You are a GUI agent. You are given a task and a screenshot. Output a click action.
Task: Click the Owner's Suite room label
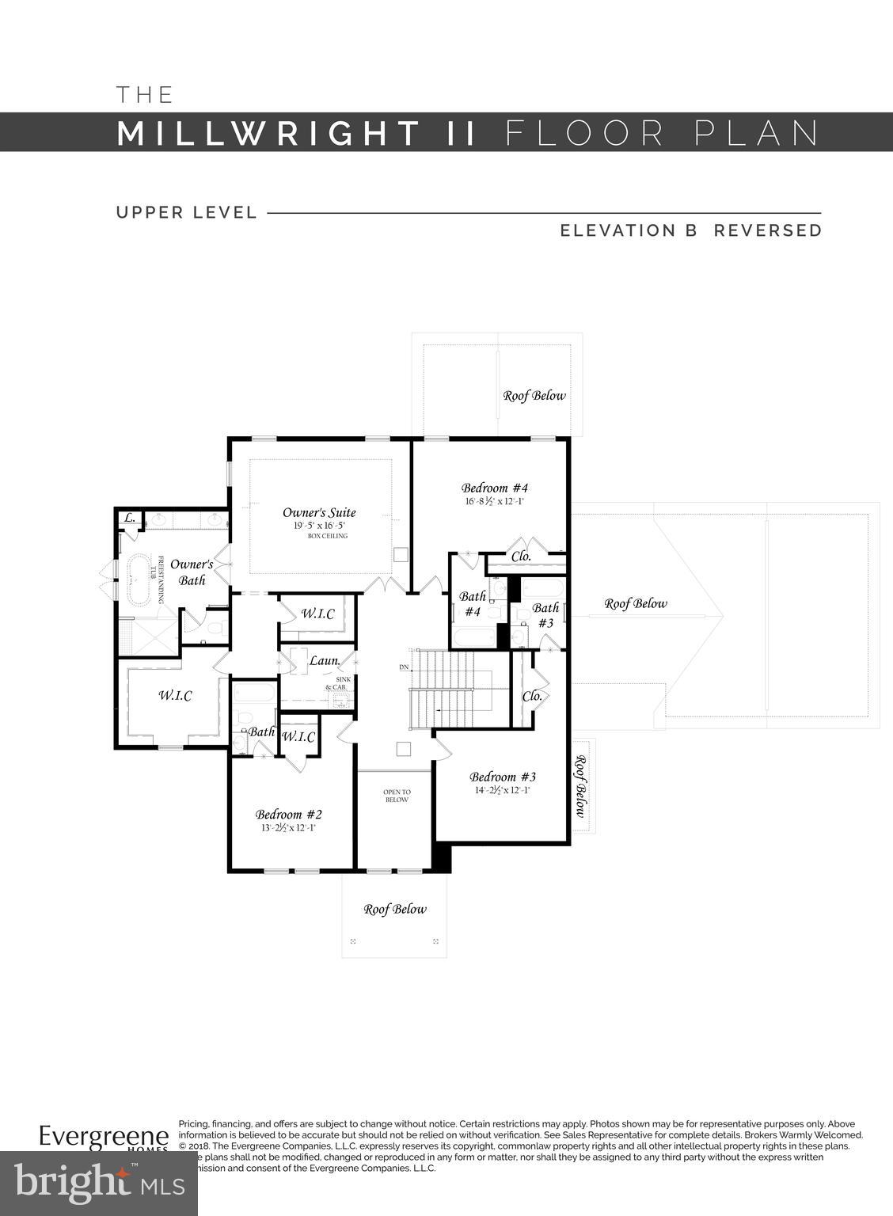coord(319,512)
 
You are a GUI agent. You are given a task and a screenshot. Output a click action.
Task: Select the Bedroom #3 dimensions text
coord(502,790)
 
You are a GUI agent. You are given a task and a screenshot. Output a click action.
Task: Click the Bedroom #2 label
coord(288,814)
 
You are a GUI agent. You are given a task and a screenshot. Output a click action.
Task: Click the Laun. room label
coord(324,659)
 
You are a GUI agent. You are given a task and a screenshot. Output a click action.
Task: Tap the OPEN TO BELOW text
coord(397,796)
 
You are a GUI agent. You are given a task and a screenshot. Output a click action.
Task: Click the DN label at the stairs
coord(404,667)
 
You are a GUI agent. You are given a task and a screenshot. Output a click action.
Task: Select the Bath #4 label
coord(473,604)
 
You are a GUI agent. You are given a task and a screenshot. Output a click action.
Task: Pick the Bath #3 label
coord(545,615)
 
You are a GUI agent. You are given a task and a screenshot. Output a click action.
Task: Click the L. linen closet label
coord(130,519)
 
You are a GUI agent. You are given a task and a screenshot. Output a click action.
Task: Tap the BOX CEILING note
coord(328,536)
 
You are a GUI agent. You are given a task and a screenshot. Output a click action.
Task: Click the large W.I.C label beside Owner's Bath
coord(175,695)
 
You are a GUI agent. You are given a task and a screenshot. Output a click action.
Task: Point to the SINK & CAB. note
coord(338,683)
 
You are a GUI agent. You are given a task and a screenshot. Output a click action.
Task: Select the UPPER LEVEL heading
coord(187,212)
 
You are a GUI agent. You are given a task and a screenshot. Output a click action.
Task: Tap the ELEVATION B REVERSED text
coord(691,230)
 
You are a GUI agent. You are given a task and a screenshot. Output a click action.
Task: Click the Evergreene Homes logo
coord(104,1138)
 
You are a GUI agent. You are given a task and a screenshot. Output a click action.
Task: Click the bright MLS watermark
coord(99,1183)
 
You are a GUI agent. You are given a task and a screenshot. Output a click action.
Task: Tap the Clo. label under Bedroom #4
coord(521,557)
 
